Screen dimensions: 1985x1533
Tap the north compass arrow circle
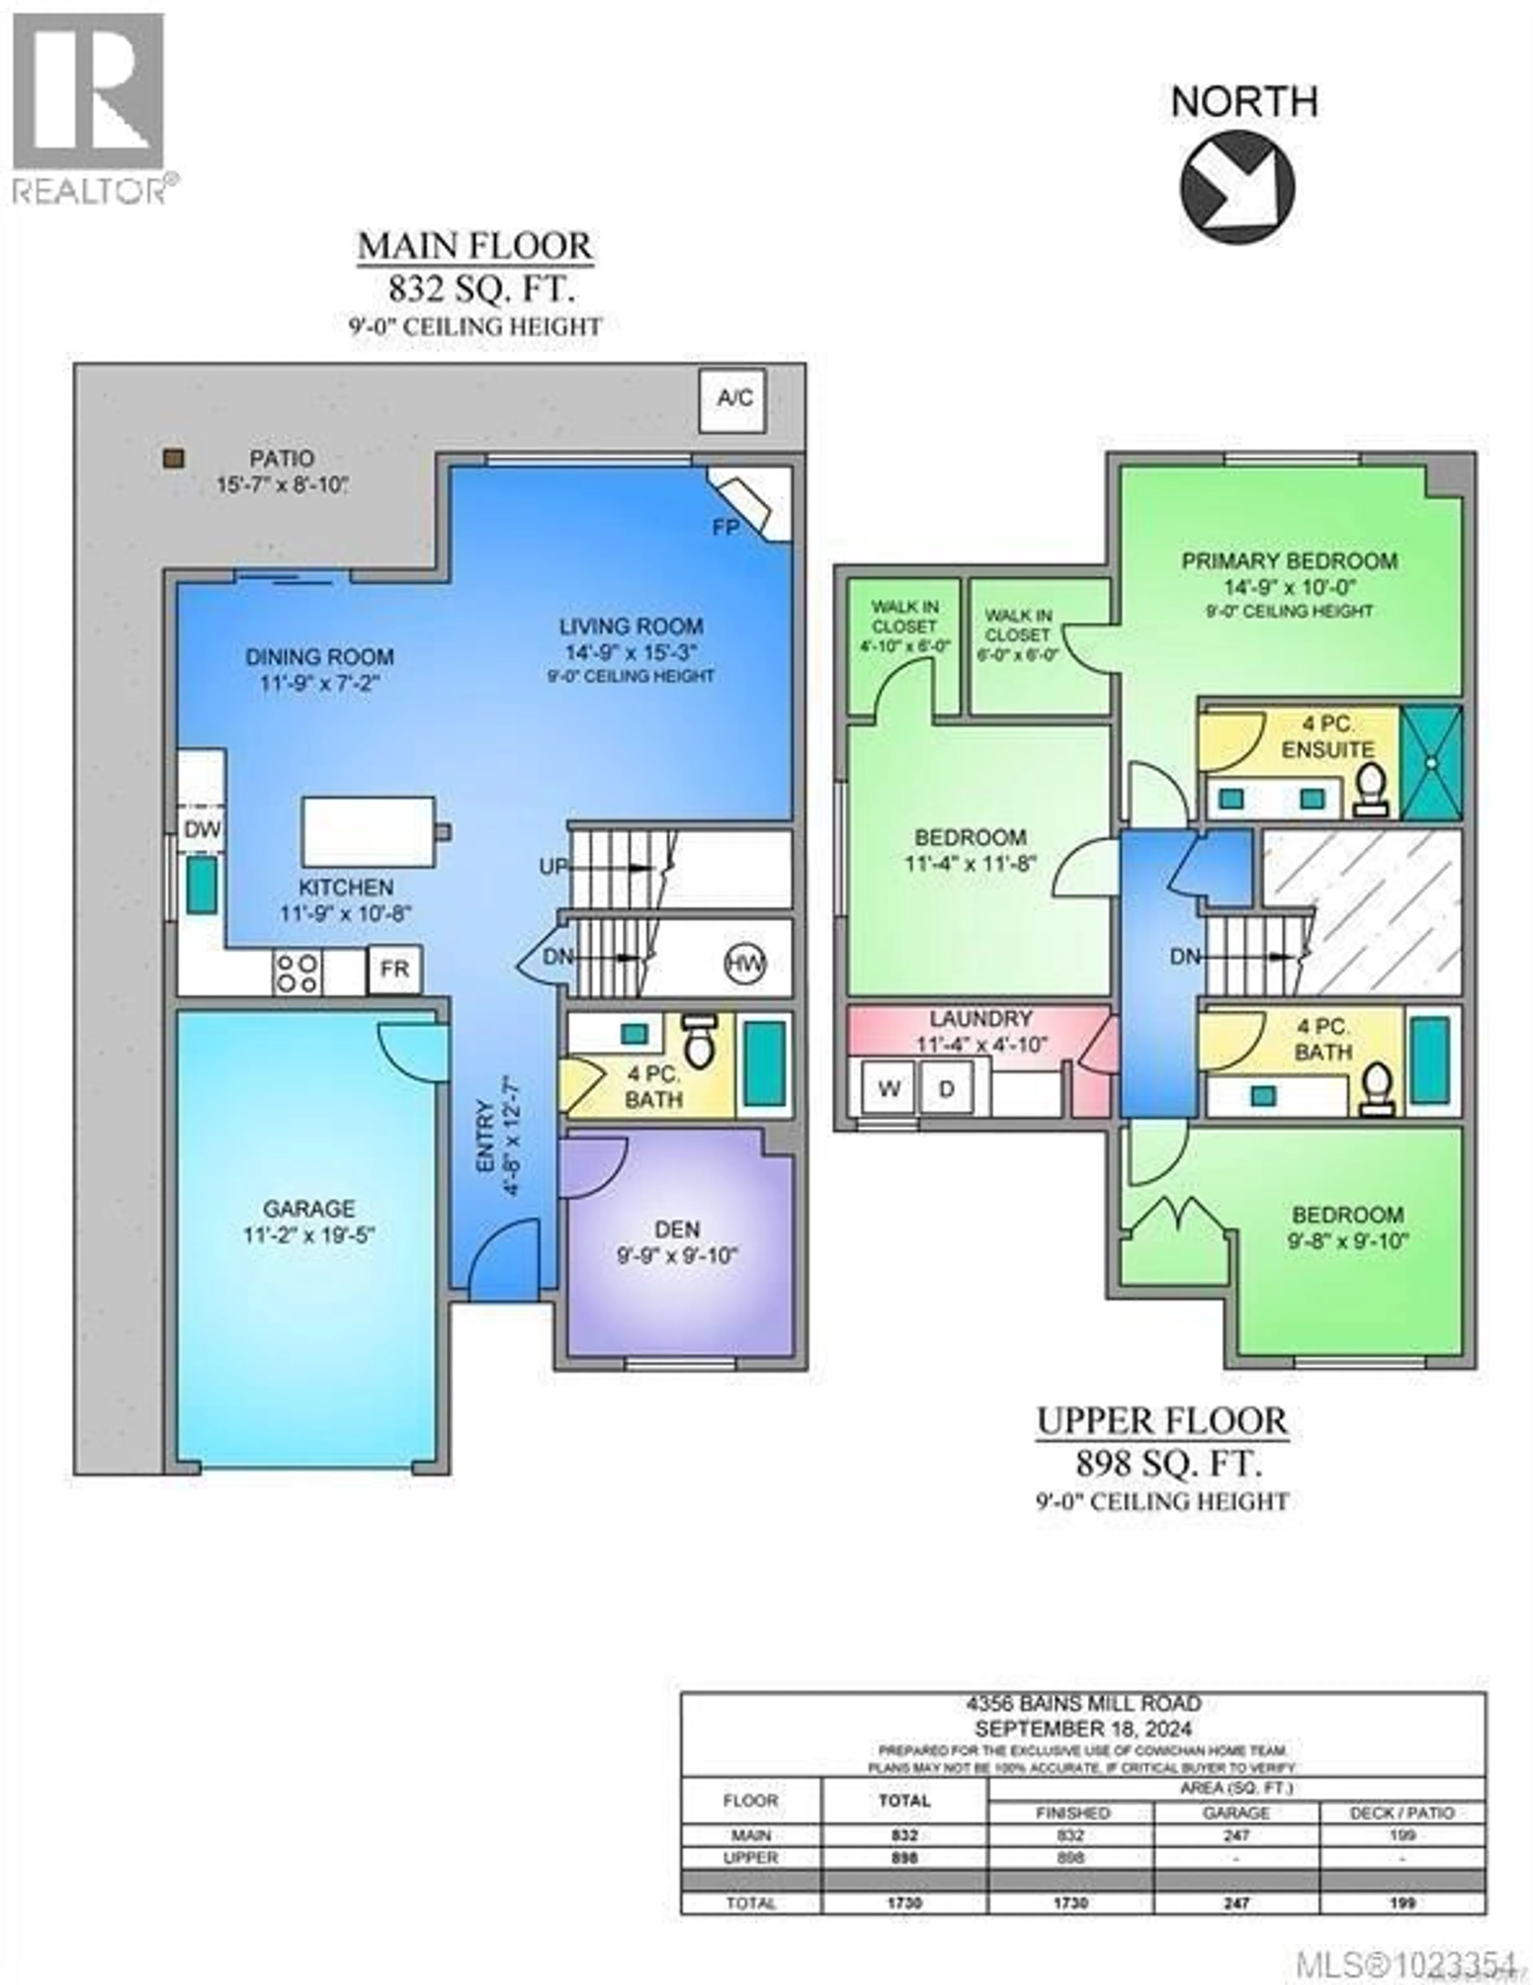[x=1237, y=186]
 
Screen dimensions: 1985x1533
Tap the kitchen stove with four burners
[x=297, y=972]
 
